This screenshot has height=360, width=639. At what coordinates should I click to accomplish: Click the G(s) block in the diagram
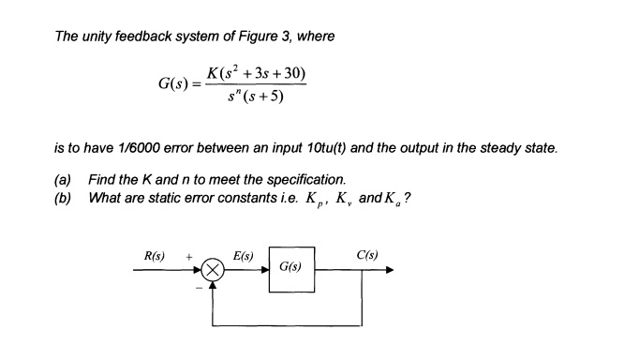pos(291,268)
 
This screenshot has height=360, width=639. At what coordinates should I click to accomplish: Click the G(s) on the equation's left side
pos(176,84)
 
